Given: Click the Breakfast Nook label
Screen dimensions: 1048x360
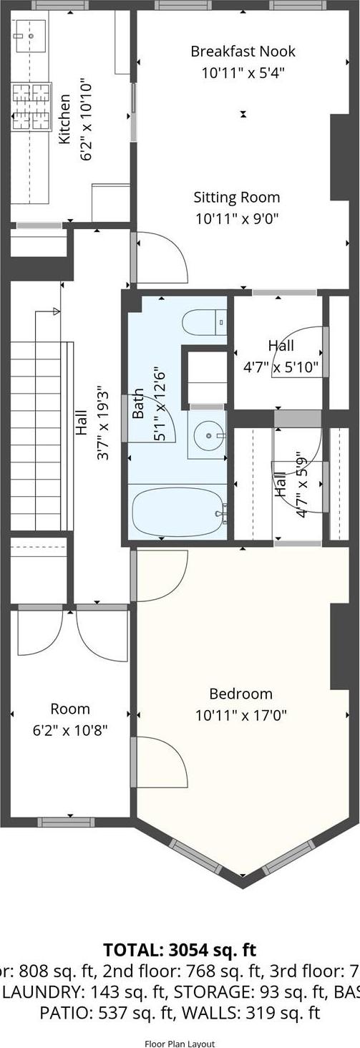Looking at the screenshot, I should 243,52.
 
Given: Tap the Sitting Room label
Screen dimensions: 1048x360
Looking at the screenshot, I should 236,197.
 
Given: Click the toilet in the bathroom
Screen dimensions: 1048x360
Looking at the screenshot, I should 204,323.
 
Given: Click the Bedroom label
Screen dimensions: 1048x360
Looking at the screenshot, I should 240,693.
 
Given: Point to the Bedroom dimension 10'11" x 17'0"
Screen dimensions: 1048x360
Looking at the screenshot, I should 240,714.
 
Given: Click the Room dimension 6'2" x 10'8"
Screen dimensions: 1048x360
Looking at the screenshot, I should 70,731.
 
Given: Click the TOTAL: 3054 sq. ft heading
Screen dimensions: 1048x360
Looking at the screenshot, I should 179,950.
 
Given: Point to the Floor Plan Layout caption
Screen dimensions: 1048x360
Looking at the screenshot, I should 180,1043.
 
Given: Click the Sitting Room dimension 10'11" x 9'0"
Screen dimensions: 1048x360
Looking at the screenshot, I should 236,218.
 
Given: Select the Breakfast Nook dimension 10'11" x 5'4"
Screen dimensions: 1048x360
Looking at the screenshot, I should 243,72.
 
